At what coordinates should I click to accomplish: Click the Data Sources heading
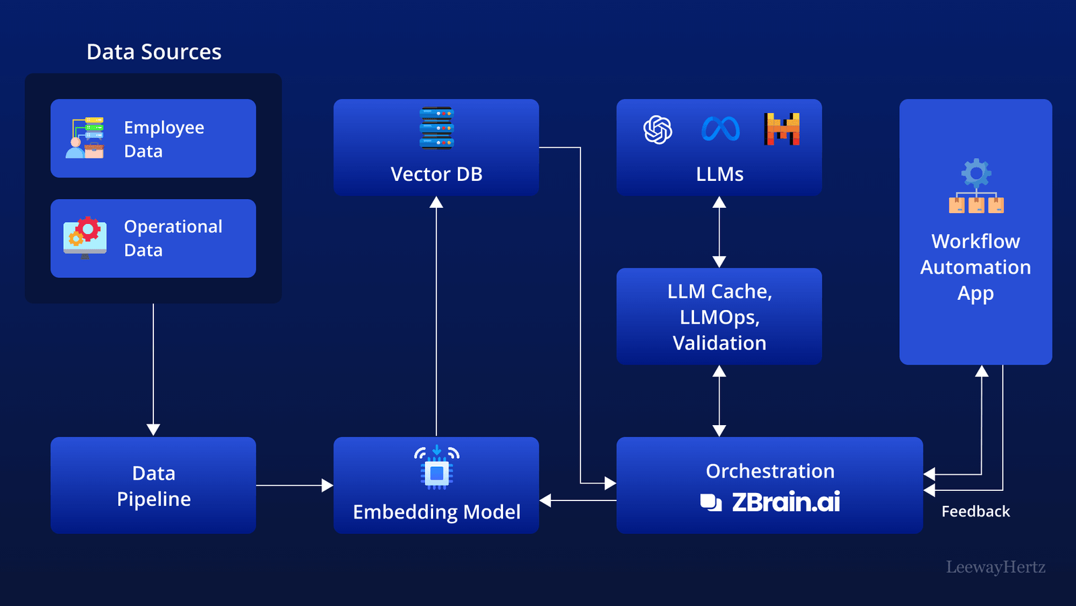154,52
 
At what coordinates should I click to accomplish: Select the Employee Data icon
85,138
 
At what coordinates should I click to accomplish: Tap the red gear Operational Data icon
85,237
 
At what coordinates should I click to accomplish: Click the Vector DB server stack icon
436,128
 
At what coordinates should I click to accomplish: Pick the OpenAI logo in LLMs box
658,129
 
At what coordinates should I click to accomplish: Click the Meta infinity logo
720,129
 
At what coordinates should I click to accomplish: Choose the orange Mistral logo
782,129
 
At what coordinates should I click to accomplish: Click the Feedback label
975,512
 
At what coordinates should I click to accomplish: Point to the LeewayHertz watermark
995,567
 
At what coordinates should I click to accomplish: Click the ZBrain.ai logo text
785,502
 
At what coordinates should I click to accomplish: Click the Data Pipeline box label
153,486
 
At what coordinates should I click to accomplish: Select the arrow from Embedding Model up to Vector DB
436,316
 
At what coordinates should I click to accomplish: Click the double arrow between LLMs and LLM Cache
719,232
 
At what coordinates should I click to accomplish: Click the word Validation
719,343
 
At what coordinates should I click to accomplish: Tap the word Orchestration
770,471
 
